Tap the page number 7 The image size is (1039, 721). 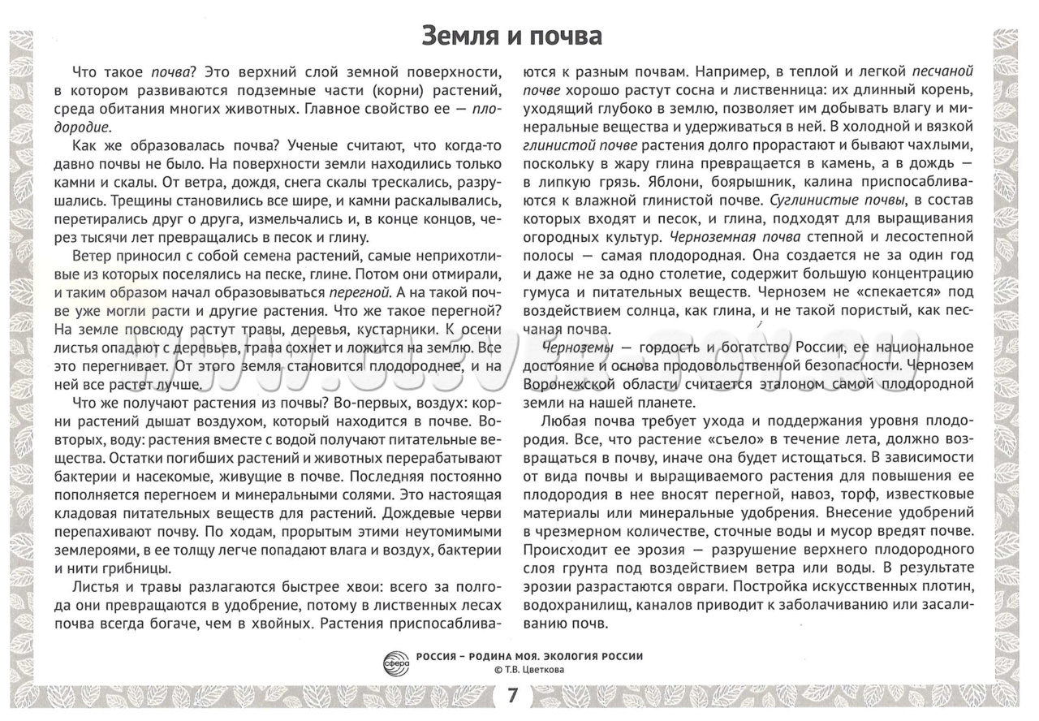(x=511, y=697)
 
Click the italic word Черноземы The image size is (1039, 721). (x=576, y=348)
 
